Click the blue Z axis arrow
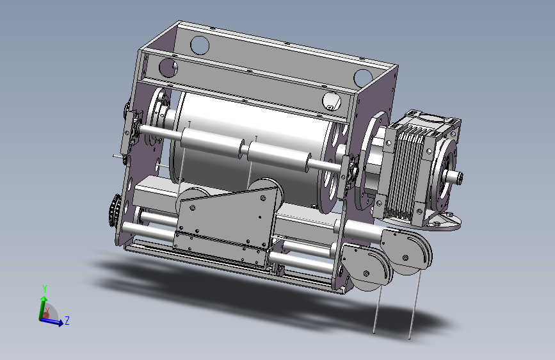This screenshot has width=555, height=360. coord(52,321)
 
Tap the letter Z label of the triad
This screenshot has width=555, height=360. coord(67,321)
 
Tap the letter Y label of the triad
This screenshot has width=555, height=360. coord(45,288)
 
